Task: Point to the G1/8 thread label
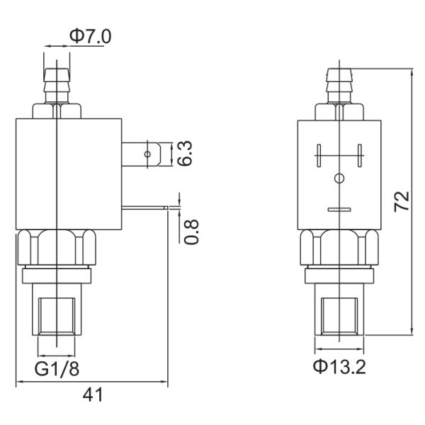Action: (57, 369)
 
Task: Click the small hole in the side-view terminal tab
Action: (147, 154)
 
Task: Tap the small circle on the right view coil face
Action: (339, 177)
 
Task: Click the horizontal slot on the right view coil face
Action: (339, 210)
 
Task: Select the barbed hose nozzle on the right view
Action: (339, 84)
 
